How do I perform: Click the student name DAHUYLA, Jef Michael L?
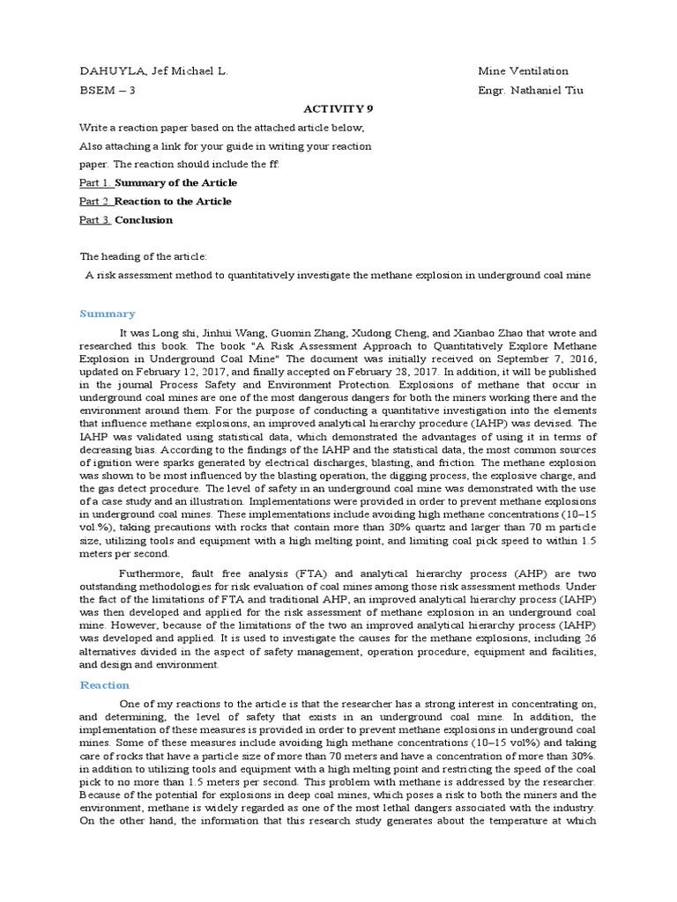click(x=154, y=71)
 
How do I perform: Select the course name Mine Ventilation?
click(x=523, y=71)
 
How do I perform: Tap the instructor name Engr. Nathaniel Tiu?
click(x=530, y=90)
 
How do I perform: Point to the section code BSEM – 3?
click(x=108, y=90)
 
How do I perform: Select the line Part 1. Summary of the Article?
click(x=158, y=182)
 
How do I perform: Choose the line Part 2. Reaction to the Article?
click(x=155, y=201)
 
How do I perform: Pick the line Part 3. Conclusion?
click(x=126, y=219)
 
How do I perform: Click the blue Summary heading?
click(x=108, y=314)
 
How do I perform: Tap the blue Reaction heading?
click(x=105, y=684)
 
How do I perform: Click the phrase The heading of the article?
click(x=144, y=256)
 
